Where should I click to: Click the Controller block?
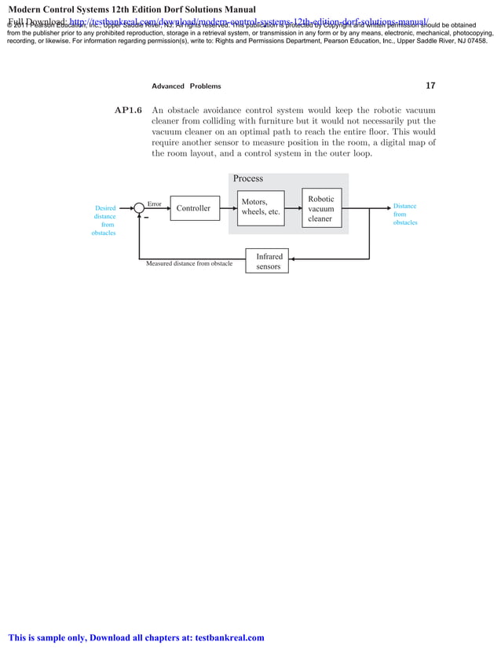(x=193, y=208)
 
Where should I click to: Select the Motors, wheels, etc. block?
(x=261, y=207)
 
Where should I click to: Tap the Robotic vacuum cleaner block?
(x=320, y=209)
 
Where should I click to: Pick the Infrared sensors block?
(x=268, y=262)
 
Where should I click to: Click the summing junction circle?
(x=139, y=208)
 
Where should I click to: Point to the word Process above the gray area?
(x=248, y=179)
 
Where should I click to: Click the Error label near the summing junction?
(x=155, y=203)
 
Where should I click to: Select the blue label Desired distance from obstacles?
(x=104, y=221)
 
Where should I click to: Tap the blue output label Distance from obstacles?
(x=405, y=214)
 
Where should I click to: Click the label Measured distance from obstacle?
(x=189, y=264)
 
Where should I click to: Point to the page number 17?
(x=430, y=86)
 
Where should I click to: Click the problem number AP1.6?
(x=128, y=111)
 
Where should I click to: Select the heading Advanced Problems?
(x=186, y=86)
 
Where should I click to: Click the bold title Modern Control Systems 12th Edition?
(x=133, y=9)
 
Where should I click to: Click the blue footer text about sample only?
(x=137, y=638)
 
